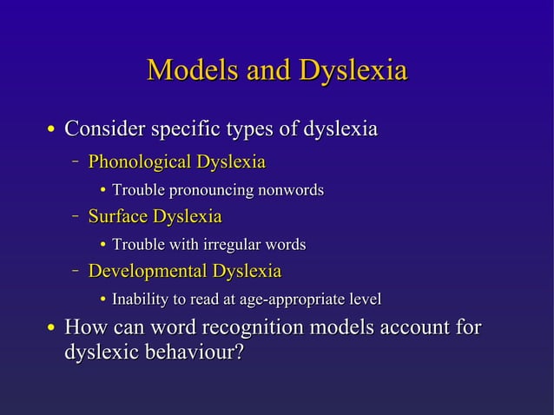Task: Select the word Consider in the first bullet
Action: point(105,130)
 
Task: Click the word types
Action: point(249,130)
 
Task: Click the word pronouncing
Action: point(208,189)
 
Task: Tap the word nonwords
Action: point(290,189)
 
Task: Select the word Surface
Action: point(117,216)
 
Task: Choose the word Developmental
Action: point(147,272)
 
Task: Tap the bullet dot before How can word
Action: point(52,330)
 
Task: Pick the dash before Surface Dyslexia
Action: point(76,215)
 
